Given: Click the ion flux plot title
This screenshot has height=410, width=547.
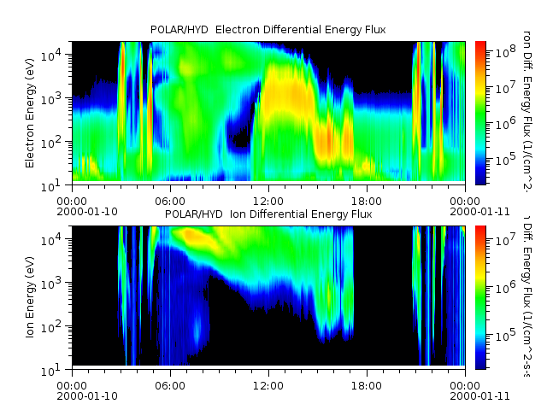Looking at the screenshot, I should coord(268,214).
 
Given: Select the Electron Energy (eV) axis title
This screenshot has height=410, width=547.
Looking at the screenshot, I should coord(30,111).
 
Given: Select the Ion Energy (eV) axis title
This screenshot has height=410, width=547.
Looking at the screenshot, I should coord(30,296).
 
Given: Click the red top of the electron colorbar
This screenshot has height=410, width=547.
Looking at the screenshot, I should coord(480,44).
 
